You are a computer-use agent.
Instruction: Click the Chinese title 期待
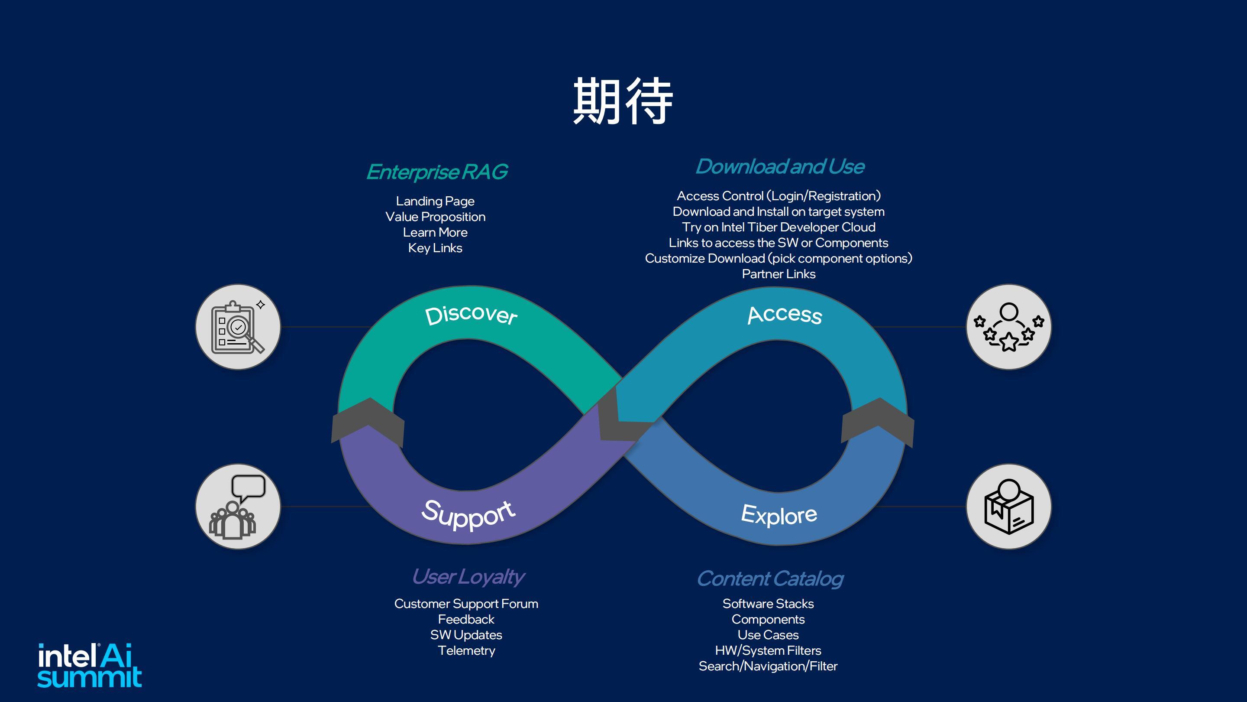[x=623, y=101]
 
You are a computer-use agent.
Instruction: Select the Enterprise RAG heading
[x=436, y=172]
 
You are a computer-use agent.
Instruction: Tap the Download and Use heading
[x=780, y=167]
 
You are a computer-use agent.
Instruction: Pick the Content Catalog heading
[x=770, y=579]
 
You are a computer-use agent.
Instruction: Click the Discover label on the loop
[x=471, y=315]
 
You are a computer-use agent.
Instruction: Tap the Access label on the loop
[x=785, y=315]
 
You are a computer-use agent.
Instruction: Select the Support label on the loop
[x=468, y=514]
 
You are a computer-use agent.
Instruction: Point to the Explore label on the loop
[x=779, y=514]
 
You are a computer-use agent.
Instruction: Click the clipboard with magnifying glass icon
[x=238, y=327]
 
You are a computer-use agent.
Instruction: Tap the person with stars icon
[x=1009, y=327]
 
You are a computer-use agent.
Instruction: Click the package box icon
[x=1009, y=507]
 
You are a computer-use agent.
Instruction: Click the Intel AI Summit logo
[x=90, y=665]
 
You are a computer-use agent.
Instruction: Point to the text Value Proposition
[x=435, y=217]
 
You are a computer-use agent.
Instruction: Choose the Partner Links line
[x=779, y=274]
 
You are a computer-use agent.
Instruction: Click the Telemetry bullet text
[x=466, y=650]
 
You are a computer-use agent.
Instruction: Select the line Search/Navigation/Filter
[x=768, y=666]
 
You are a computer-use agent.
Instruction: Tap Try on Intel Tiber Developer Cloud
[x=779, y=227]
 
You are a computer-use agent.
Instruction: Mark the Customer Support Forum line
[x=466, y=604]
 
